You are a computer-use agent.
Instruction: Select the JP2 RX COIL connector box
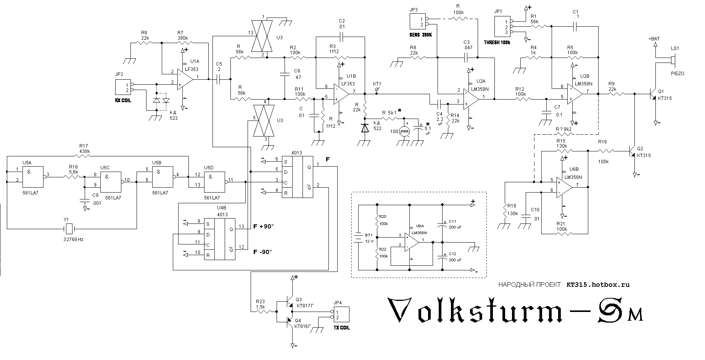122,87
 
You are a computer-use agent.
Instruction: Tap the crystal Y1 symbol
69,229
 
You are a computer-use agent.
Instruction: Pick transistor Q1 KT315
654,93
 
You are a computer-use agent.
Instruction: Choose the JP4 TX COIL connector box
341,315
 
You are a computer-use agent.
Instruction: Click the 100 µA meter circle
404,132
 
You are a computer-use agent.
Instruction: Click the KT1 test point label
377,84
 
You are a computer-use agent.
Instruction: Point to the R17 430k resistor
84,156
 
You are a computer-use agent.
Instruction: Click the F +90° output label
264,227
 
